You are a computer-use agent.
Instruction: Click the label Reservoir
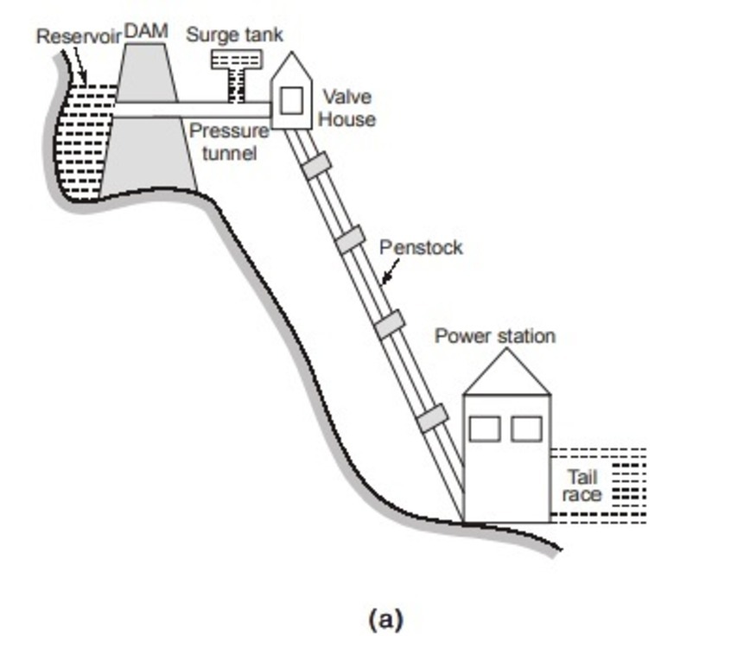[x=79, y=37]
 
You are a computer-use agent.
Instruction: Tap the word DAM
[x=146, y=30]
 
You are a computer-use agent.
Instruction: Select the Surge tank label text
[x=234, y=35]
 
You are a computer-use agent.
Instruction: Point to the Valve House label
[x=346, y=107]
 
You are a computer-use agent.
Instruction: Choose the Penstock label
[x=421, y=248]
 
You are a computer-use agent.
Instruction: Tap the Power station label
[x=494, y=335]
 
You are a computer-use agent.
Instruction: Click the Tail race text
[x=581, y=486]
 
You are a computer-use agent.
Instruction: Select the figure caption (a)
[x=385, y=619]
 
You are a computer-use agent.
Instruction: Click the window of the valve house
[x=292, y=100]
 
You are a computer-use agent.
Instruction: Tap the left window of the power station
[x=485, y=429]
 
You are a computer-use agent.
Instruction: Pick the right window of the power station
[x=526, y=429]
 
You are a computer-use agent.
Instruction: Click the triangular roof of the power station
[x=505, y=376]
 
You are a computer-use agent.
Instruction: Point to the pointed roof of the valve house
[x=292, y=67]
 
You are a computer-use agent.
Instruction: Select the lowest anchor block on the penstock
[x=432, y=418]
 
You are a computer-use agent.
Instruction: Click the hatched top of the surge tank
[x=236, y=59]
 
